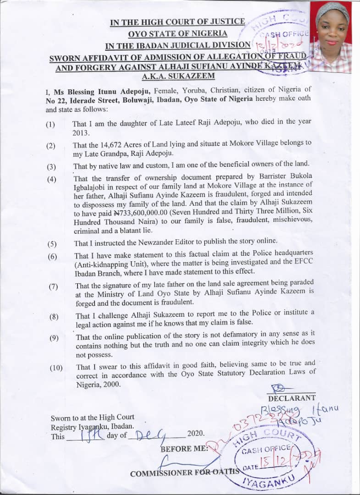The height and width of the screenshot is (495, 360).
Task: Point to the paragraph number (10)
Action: click(56, 368)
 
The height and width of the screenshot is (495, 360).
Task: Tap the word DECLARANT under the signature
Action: click(292, 398)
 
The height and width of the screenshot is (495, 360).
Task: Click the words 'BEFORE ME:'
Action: click(183, 449)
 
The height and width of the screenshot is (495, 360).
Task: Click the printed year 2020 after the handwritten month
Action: click(196, 434)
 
